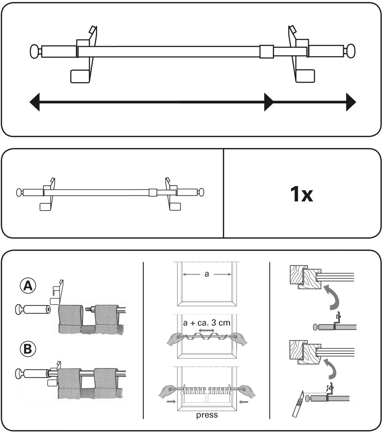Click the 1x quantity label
tap(301, 194)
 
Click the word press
tap(207, 415)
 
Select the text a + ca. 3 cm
tap(206, 323)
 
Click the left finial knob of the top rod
tap(35, 52)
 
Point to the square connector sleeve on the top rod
tap(266, 52)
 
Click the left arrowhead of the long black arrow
tap(35, 102)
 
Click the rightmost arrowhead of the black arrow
tap(351, 102)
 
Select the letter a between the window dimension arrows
tap(206, 274)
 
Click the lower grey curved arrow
tap(330, 369)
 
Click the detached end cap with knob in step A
tap(33, 310)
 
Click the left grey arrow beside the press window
tap(171, 402)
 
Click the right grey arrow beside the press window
tap(244, 402)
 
